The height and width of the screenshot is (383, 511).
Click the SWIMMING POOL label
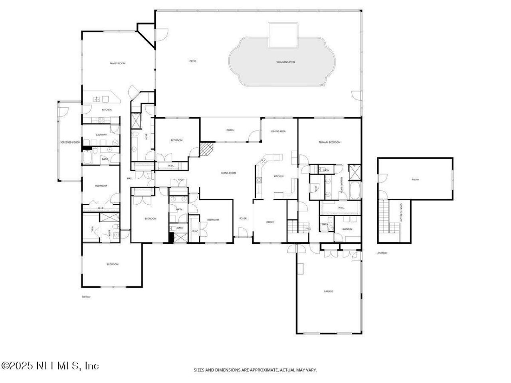286,62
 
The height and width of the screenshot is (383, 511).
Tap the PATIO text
193,61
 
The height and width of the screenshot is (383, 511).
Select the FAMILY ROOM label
118,63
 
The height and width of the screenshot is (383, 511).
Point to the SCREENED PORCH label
70,142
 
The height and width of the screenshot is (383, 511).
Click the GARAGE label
328,291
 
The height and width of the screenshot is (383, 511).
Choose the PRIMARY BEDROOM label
329,142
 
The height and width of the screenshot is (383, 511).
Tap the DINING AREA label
278,131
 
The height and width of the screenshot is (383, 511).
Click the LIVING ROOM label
229,173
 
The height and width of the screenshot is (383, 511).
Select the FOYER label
243,218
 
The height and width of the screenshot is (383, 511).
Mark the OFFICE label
270,222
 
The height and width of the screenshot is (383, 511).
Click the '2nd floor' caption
382,253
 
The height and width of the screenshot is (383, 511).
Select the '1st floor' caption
86,297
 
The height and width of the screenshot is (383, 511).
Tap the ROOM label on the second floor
415,180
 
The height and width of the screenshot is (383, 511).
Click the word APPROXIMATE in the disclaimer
265,370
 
